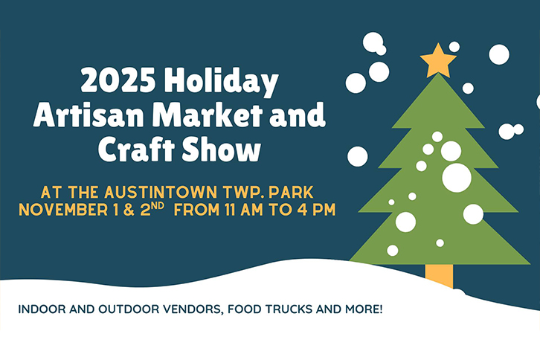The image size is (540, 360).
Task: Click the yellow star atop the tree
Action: click(x=439, y=61)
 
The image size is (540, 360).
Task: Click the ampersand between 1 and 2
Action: click(x=129, y=209)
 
